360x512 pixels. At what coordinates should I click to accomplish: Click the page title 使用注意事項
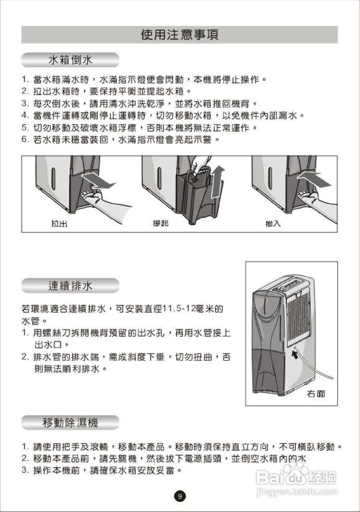pyautogui.click(x=180, y=35)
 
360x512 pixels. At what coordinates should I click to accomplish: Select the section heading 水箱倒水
pyautogui.click(x=70, y=60)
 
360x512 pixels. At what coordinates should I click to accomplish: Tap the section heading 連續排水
pyautogui.click(x=70, y=286)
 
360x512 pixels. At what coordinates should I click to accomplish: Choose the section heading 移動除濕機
pyautogui.click(x=70, y=422)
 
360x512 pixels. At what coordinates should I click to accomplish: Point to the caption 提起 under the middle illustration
pyautogui.click(x=160, y=224)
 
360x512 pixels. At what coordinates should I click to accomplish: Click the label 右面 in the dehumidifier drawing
pyautogui.click(x=316, y=394)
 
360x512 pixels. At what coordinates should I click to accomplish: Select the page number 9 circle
pyautogui.click(x=180, y=496)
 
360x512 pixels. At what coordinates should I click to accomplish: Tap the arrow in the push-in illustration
pyautogui.click(x=314, y=178)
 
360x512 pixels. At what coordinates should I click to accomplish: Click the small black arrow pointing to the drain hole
pyautogui.click(x=296, y=355)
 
